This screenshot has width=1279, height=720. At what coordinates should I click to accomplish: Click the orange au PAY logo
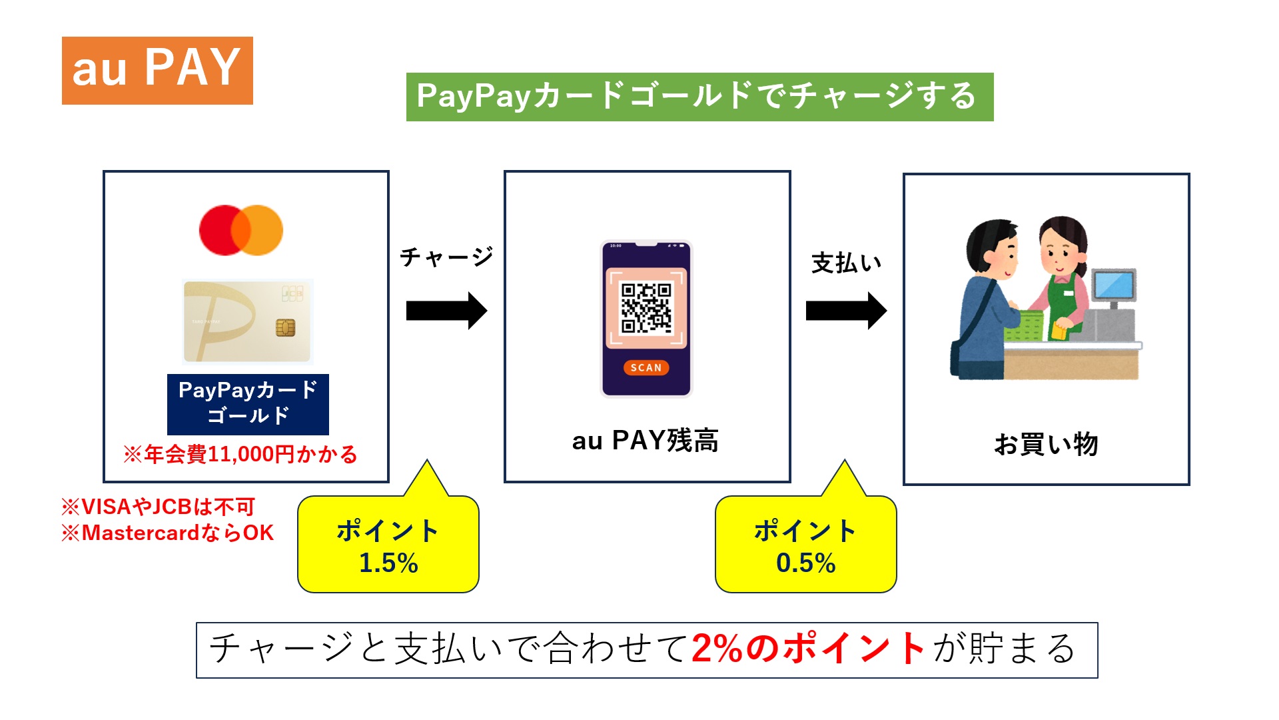[x=157, y=70]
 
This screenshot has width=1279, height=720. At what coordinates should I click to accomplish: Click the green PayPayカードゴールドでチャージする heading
[x=699, y=97]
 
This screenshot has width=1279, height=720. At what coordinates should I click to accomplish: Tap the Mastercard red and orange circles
[x=241, y=230]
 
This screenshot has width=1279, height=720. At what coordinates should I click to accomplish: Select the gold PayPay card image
[x=247, y=321]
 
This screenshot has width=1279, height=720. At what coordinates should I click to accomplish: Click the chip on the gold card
[x=285, y=327]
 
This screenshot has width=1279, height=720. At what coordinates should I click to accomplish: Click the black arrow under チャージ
[x=446, y=311]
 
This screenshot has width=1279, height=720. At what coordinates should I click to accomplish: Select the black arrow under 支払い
[x=846, y=311]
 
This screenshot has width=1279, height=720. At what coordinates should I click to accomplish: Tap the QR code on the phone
[x=645, y=307]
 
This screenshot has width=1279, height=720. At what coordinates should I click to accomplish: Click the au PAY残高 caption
[x=645, y=441]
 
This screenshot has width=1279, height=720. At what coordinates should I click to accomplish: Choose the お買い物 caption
[x=1046, y=444]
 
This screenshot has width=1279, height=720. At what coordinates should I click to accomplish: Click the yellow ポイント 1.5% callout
[x=388, y=545]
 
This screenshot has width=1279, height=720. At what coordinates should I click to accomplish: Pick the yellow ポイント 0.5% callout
[x=805, y=545]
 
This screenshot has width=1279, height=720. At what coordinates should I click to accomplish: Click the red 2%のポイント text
[x=808, y=648]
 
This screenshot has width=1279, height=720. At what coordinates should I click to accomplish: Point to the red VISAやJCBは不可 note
[x=159, y=507]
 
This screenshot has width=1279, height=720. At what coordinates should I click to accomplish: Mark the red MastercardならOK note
[x=168, y=533]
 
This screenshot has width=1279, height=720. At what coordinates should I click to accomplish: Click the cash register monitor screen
[x=1113, y=285]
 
